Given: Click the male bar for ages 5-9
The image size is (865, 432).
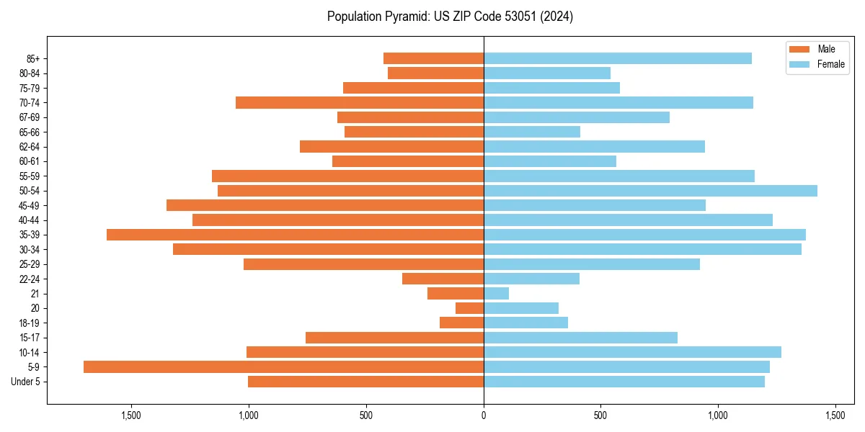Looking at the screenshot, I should pos(283,366).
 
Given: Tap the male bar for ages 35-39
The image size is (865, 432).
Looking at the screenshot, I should pos(295,235).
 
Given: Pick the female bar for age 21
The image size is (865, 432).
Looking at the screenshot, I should pos(496,293).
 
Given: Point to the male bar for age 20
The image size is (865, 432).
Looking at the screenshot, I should pos(469,308).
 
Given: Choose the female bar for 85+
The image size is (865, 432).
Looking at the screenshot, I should pos(617,58).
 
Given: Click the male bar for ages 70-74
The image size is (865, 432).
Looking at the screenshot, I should pos(359,102).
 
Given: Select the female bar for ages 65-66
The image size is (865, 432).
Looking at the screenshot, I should pos(531,132).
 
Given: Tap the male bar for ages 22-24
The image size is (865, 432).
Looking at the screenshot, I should pos(443,279).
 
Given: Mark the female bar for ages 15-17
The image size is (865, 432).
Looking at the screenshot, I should pos(580,338).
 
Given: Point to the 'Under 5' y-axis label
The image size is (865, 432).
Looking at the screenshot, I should pos(26,382).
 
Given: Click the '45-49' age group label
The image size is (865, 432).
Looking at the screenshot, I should pos(30,205).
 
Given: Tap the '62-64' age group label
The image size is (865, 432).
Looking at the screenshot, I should pos(30,147).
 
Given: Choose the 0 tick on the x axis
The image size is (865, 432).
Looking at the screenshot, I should pos(484,415).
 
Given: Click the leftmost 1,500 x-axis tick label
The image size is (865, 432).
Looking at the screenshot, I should pos(131,415).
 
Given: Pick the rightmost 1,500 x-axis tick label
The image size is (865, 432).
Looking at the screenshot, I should pos(835,415).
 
